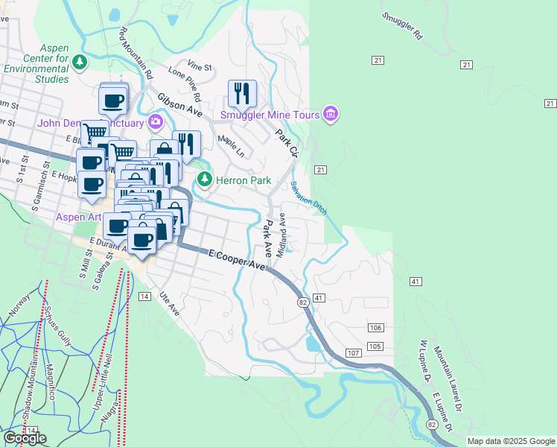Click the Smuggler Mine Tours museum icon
pyautogui.click(x=331, y=114)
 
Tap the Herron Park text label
pyautogui.click(x=243, y=180)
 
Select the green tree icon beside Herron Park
pyautogui.click(x=205, y=180)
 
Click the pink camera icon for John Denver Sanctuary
pyautogui.click(x=156, y=121)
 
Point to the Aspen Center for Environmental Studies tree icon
pyautogui.click(x=79, y=60)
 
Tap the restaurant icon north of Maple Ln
pyautogui.click(x=242, y=92)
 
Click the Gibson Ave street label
pyautogui.click(x=179, y=105)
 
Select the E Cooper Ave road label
pyautogui.click(x=237, y=259)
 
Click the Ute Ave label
pyautogui.click(x=168, y=302)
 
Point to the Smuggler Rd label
pyautogui.click(x=402, y=25)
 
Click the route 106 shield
pyautogui.click(x=375, y=328)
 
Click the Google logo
pyautogui.click(x=24, y=438)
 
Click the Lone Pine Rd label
pyautogui.click(x=185, y=84)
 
